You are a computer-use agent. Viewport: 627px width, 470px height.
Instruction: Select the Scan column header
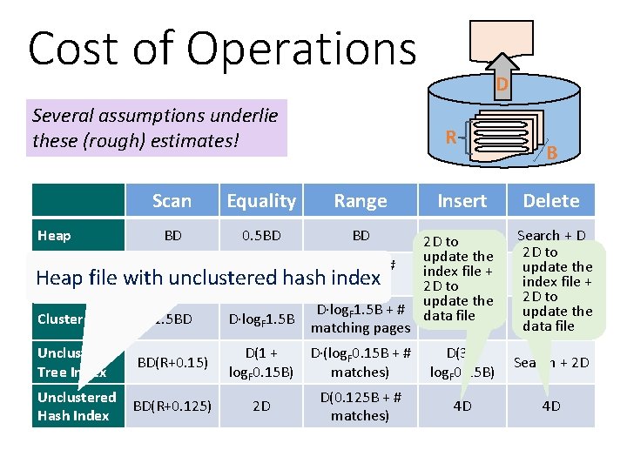(x=172, y=201)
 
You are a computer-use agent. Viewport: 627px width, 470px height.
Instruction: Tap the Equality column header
(x=261, y=201)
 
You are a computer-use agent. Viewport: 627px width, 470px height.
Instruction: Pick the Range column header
(x=361, y=201)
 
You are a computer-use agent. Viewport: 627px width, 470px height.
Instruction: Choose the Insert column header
(x=462, y=201)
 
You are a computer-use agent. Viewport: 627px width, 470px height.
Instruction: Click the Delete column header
(x=551, y=201)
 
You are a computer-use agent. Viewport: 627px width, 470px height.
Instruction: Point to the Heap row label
(x=54, y=235)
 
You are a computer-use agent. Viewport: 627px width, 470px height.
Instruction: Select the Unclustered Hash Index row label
(x=77, y=406)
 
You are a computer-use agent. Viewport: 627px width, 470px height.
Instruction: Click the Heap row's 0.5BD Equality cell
(x=261, y=235)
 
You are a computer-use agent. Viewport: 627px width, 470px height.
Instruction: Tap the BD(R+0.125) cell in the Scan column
(x=172, y=406)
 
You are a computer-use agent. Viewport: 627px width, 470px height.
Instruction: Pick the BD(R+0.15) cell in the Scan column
(x=172, y=362)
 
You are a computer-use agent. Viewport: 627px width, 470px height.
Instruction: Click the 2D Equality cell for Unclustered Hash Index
(x=261, y=406)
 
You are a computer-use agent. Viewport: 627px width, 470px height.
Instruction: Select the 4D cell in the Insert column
(x=462, y=406)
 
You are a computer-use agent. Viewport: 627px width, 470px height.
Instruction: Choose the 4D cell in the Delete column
(x=551, y=406)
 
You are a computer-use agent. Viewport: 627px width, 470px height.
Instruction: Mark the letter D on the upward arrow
(x=502, y=84)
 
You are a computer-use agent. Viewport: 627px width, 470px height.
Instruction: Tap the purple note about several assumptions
(x=157, y=127)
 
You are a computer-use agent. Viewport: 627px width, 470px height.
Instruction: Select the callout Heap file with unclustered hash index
(x=209, y=278)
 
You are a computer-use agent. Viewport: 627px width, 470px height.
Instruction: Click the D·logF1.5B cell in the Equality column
(x=261, y=319)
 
